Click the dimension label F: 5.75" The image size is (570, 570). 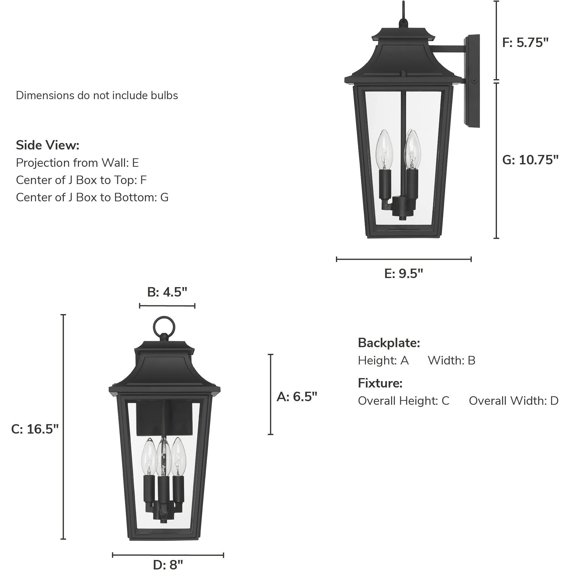(525, 43)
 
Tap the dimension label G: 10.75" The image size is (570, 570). (530, 160)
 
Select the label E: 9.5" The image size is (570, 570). (403, 274)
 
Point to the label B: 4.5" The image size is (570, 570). (167, 292)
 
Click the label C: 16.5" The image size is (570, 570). (35, 429)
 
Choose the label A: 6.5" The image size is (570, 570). (297, 397)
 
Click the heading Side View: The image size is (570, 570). (48, 145)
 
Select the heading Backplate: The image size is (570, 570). (389, 343)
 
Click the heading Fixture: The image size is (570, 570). (380, 383)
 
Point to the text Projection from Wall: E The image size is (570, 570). (77, 163)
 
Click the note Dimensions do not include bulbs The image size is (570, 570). (97, 96)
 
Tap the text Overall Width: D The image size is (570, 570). (513, 401)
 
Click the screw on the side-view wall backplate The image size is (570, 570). (474, 81)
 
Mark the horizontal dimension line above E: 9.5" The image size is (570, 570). (404, 259)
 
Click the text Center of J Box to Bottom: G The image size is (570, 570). (92, 197)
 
